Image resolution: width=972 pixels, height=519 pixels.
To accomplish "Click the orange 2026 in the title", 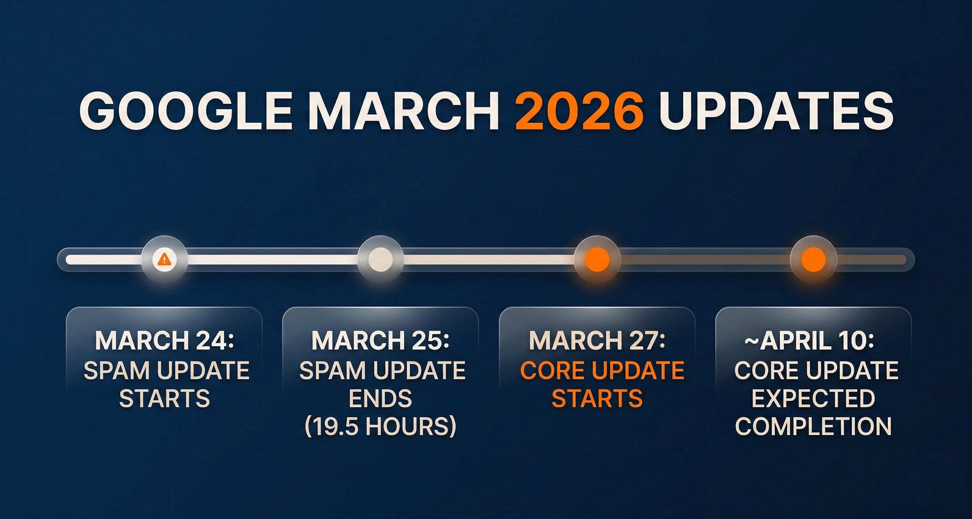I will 580,112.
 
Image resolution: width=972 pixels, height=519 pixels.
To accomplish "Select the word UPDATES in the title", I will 777,112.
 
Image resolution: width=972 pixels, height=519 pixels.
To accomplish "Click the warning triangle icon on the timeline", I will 165,259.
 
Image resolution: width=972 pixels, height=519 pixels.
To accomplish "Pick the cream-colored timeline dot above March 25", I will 380,259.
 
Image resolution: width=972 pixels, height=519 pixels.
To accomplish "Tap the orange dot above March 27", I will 597,259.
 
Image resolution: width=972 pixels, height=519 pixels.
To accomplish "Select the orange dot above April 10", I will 814,259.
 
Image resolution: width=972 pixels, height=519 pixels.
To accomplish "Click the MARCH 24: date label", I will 165,341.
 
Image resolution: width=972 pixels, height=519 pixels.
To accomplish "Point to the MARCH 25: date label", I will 380,341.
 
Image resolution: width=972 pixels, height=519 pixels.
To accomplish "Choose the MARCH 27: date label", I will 597,341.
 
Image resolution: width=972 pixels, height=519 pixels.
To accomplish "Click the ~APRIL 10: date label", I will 809,341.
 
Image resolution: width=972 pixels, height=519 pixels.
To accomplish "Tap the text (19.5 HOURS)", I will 380,427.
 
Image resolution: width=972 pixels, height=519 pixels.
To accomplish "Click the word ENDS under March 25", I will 380,398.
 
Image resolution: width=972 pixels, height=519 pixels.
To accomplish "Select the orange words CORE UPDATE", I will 602,370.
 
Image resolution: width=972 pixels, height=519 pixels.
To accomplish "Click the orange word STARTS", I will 597,398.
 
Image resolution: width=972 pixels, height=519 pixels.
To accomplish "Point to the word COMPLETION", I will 814,427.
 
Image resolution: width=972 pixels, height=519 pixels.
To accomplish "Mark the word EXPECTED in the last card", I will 814,398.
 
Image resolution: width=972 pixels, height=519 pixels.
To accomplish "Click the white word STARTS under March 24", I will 165,398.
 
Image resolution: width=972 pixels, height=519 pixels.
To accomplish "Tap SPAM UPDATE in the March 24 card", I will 166,370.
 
